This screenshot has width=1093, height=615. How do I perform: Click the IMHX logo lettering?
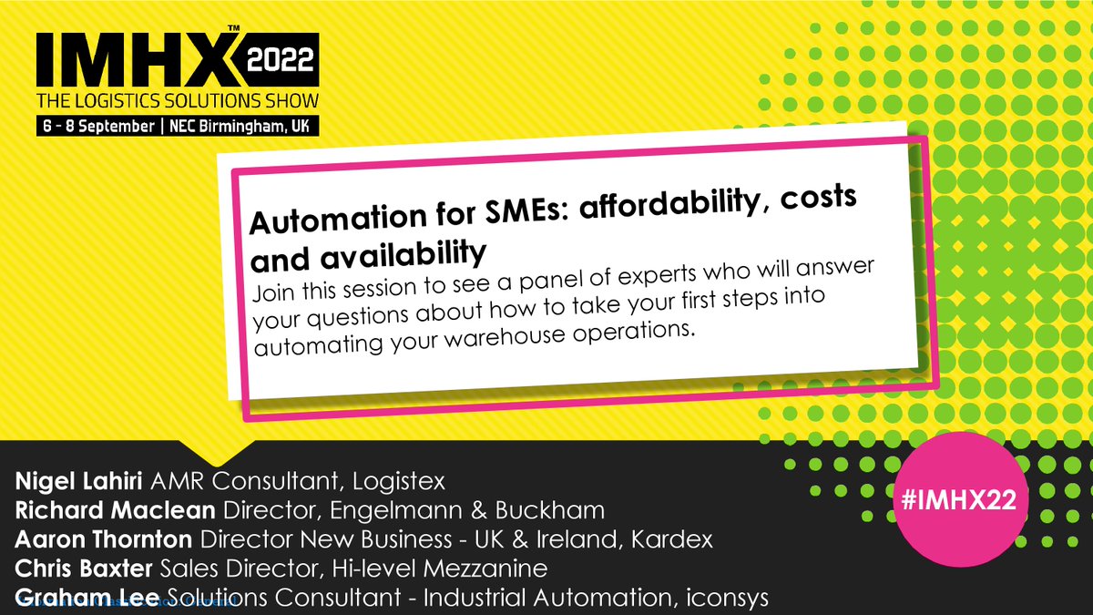pos(137,59)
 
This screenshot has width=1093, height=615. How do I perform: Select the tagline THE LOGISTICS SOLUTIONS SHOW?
pos(177,100)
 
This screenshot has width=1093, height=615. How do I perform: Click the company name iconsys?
pos(734,599)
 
